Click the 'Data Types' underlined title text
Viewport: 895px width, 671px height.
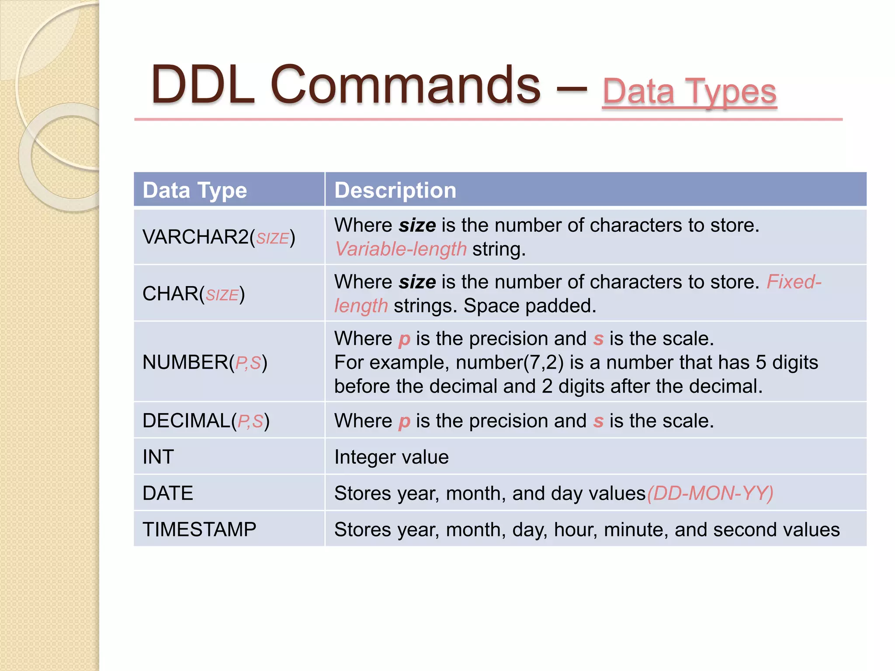(689, 92)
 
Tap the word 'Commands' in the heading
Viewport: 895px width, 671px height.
(406, 85)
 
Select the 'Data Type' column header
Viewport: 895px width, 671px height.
(195, 190)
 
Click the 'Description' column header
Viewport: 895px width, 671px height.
(395, 190)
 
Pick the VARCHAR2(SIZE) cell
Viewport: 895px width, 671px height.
(219, 237)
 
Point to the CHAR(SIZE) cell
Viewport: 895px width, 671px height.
(194, 294)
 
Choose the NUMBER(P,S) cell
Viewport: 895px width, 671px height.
(205, 363)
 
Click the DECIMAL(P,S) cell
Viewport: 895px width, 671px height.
(206, 421)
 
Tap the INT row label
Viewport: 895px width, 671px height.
(158, 457)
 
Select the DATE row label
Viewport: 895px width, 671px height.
(168, 493)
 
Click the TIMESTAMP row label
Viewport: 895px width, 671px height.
(199, 529)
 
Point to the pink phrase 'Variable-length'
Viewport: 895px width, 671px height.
(401, 249)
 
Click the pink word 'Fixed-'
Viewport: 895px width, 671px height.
(794, 282)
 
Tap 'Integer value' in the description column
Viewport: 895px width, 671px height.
(391, 457)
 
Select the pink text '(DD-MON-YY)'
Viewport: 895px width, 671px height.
(710, 493)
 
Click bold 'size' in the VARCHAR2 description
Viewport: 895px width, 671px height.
(417, 225)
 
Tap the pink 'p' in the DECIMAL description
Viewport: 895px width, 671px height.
(404, 422)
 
